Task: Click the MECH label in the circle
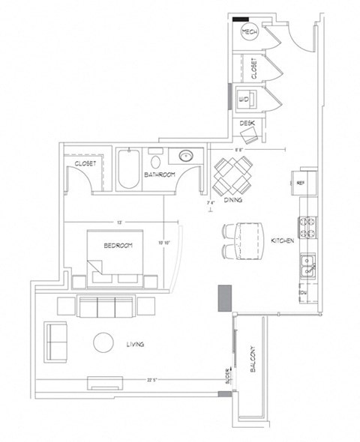[250, 32]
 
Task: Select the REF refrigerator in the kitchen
[299, 182]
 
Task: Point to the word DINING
[231, 201]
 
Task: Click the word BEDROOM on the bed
[118, 246]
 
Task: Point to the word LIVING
[136, 344]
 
